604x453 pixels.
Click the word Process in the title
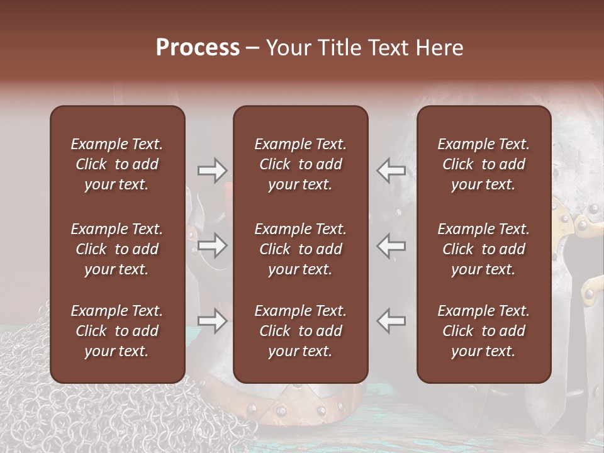point(198,48)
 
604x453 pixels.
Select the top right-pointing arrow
point(212,170)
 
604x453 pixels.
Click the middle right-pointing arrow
point(212,245)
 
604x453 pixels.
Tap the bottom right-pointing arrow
point(212,321)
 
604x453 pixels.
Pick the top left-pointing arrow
point(391,170)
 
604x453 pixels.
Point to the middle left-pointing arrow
point(391,245)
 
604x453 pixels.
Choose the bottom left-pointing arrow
point(391,321)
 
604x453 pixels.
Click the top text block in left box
point(117,164)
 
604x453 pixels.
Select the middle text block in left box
point(117,249)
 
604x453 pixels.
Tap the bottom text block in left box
point(117,331)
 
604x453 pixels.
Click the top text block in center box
point(301,164)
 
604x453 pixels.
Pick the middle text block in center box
point(301,249)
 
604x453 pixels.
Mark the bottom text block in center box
point(301,331)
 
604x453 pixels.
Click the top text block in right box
point(484,164)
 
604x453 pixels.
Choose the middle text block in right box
point(484,249)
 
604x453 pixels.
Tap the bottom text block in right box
point(484,331)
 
